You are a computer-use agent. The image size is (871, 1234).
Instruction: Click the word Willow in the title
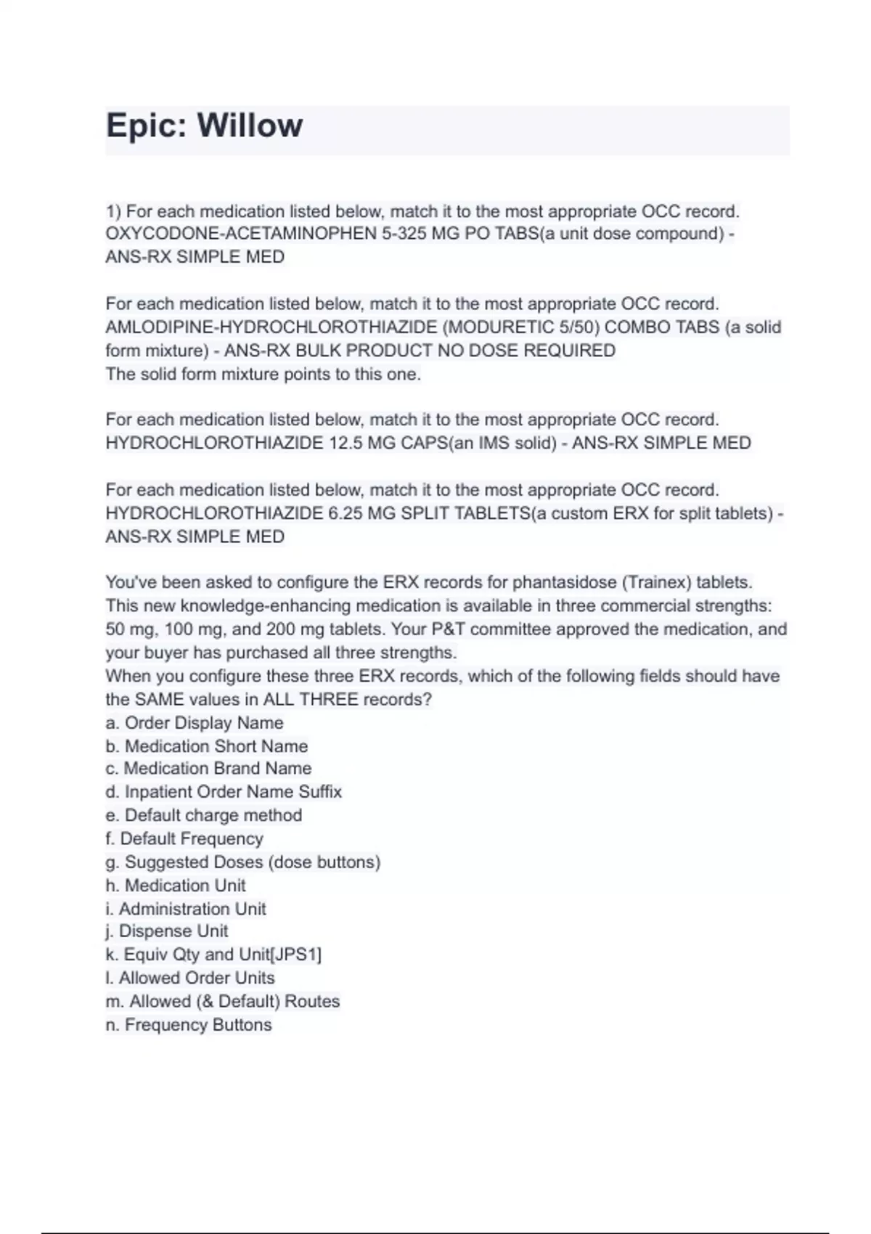pos(250,126)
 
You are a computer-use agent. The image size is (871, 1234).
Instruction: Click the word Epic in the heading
pos(147,126)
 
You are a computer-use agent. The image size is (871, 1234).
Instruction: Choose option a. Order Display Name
pos(195,723)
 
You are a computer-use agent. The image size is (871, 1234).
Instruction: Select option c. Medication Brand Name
pos(208,769)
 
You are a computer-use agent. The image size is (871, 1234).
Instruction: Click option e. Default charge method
pos(204,815)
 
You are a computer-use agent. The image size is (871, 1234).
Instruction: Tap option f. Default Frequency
pos(184,838)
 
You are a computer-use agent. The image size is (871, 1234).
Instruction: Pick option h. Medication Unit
pos(176,886)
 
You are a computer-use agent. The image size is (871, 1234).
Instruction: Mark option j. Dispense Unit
pos(167,931)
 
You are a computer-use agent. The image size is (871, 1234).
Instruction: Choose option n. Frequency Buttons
pos(189,1025)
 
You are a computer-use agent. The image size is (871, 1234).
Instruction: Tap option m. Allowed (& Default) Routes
pos(223,1002)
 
